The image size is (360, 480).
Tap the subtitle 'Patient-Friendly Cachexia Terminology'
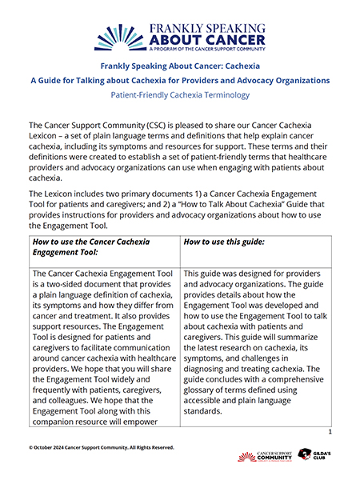[180, 94]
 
